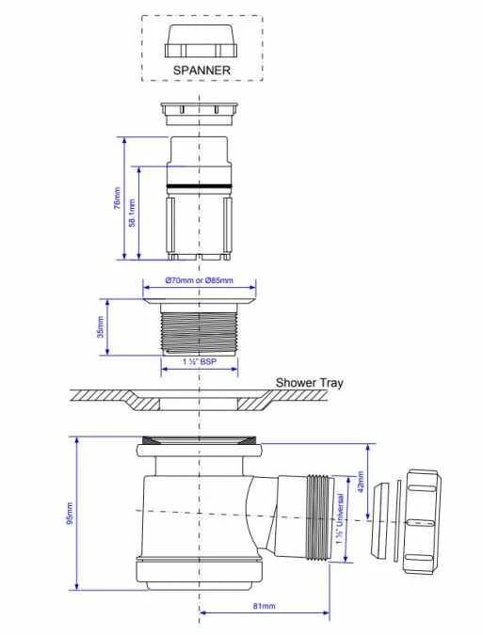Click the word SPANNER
[x=201, y=70]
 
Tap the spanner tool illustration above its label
[x=201, y=40]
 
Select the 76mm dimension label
[x=117, y=198]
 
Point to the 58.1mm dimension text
[x=132, y=213]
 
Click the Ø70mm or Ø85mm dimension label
[x=199, y=279]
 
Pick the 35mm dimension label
[x=101, y=326]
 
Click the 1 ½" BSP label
[x=199, y=361]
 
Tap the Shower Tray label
[x=309, y=383]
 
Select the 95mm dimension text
[x=70, y=514]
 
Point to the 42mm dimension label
[x=361, y=482]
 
